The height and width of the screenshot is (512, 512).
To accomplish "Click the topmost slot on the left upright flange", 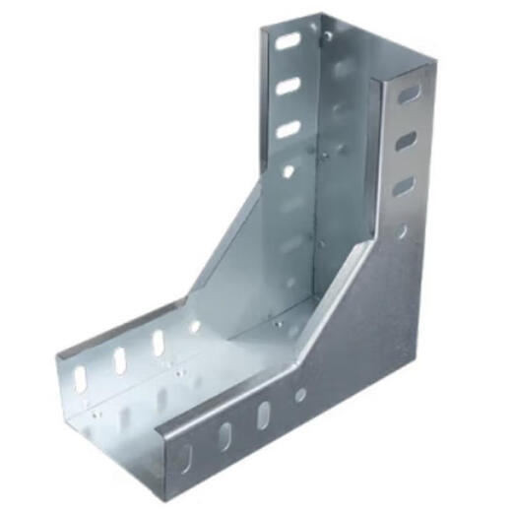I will point(288,41).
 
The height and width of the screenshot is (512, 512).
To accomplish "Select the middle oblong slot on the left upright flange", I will point(288,86).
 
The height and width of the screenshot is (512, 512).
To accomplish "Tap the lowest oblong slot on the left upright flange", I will point(288,129).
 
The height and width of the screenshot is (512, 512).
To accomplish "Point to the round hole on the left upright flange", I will point(288,170).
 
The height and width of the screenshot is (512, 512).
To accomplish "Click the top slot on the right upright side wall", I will point(408,95).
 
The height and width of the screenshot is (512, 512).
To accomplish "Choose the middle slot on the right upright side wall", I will point(406,141).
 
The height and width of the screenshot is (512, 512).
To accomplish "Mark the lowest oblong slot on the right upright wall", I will point(404,186).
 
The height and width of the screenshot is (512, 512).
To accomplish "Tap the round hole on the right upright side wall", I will point(402,231).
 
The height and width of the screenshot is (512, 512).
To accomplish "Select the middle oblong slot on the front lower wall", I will point(224,434).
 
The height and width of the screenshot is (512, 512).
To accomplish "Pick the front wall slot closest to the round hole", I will point(263,415).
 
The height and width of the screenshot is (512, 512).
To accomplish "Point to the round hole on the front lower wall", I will point(300,394).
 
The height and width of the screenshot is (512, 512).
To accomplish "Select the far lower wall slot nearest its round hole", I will point(158,343).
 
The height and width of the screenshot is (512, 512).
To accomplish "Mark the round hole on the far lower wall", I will point(195,326).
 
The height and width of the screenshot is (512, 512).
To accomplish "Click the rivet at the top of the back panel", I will point(328,37).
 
